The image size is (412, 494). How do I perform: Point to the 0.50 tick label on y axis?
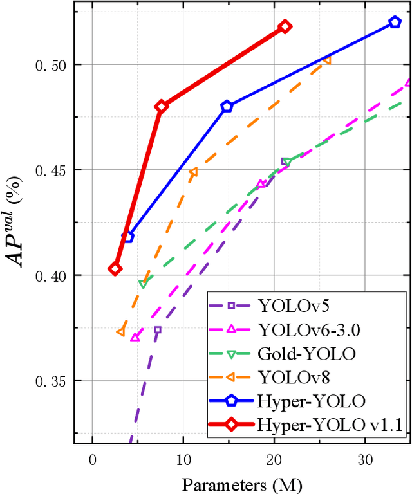pos(47,65)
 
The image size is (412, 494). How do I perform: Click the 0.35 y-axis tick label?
pos(47,381)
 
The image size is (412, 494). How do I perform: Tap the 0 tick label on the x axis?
pos(93,461)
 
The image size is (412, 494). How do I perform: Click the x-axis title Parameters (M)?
pos(242,483)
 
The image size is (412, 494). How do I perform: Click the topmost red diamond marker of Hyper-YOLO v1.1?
pos(285,26)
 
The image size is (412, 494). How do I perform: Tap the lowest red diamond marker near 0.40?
pos(115,269)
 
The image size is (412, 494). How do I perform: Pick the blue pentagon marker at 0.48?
pos(227,106)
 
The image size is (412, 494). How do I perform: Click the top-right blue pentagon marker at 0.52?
pos(395,23)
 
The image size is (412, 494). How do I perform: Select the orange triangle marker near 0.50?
pos(327,60)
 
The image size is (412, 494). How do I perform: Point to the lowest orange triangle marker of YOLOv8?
pos(120,332)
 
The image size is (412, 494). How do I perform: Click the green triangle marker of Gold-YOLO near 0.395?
pos(143,284)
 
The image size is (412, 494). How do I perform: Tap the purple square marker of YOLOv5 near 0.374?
pos(157,330)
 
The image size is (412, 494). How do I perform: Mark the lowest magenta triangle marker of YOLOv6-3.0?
pos(135,336)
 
